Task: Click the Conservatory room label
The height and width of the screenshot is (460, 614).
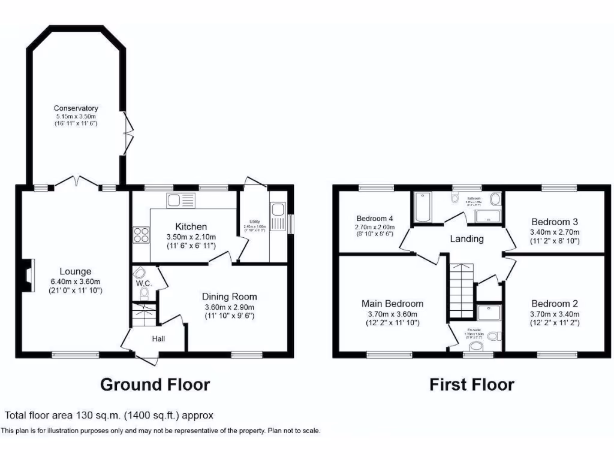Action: tap(76, 108)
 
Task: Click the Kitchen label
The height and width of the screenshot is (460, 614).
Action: tap(191, 226)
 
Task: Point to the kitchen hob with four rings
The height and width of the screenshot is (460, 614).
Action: tap(141, 234)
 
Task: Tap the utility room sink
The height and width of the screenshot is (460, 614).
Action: tap(278, 209)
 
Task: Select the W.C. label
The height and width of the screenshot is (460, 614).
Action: tap(143, 282)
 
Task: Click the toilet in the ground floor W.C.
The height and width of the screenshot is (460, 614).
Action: tap(144, 292)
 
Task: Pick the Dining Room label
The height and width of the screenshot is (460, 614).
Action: tap(229, 296)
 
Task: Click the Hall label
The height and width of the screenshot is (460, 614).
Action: tap(158, 339)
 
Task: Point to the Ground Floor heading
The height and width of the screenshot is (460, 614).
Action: tap(155, 384)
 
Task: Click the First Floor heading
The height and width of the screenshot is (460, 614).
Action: tap(471, 384)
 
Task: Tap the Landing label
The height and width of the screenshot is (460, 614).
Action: tap(466, 238)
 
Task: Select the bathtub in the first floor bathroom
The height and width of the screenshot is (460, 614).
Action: tap(423, 207)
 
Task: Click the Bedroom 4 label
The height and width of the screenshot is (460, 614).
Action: tap(375, 218)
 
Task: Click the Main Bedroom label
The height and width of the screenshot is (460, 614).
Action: tap(392, 304)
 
